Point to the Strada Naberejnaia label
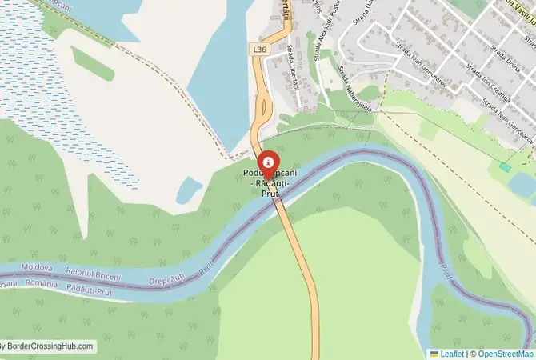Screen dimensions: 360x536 point(351,87)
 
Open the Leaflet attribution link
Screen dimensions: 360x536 point(452,353)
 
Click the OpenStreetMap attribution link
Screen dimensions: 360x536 point(506,353)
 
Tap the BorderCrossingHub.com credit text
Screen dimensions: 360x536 point(48,346)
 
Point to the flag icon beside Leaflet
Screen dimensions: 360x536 point(434,353)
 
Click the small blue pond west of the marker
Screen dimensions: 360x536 point(189,190)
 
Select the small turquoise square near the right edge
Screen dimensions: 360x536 point(505,166)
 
